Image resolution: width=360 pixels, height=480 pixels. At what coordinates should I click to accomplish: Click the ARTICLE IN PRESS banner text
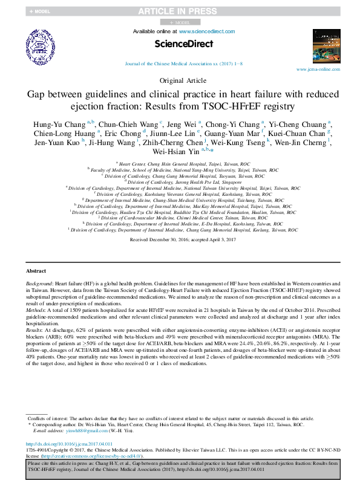point(180,11)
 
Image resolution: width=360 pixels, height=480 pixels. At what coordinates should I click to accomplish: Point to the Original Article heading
point(180,80)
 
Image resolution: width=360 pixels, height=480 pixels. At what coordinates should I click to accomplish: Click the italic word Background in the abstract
point(39,283)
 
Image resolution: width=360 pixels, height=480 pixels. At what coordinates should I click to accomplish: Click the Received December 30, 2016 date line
point(179,240)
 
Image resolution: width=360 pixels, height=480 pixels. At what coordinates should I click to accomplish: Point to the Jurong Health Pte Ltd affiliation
point(180,181)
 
